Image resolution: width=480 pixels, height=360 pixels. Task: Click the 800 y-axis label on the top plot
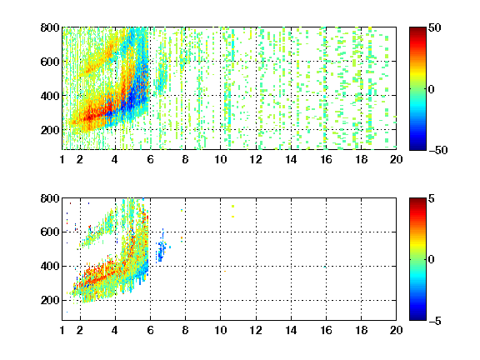pos(50,27)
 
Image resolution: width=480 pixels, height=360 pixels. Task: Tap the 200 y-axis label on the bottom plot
pos(50,300)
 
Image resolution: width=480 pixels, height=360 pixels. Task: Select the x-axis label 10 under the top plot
pos(220,159)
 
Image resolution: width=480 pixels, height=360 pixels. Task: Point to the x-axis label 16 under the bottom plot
pos(327,330)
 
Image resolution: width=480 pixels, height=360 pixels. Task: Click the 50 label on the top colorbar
pos(434,27)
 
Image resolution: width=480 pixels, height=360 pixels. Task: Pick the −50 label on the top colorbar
pos(438,150)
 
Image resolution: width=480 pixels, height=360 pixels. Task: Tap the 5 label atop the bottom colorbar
pos(432,198)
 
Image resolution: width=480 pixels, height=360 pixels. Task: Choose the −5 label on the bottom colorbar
pos(435,321)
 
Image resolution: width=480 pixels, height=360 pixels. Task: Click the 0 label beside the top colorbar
pos(432,89)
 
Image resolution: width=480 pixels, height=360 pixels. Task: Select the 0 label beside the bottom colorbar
pos(432,260)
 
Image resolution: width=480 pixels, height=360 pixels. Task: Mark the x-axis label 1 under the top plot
pos(62,159)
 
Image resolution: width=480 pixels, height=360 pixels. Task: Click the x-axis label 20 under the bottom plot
pos(396,330)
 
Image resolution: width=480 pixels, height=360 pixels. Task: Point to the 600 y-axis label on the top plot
pos(50,62)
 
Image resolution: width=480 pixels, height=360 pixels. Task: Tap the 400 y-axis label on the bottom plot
pos(50,266)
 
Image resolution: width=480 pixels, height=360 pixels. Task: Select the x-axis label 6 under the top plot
pos(150,159)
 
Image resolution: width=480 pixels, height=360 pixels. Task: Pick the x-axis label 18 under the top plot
pos(361,159)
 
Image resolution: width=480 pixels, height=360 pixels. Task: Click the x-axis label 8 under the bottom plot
pos(185,330)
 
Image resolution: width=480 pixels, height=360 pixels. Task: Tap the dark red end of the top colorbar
pos(417,30)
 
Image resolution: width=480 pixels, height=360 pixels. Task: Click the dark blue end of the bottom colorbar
pos(417,317)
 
